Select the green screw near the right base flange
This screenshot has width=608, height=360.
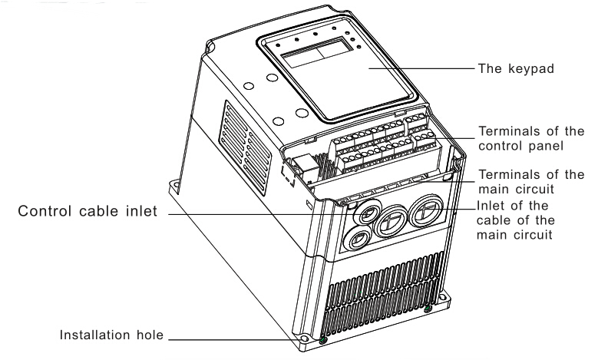pos(427,309)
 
